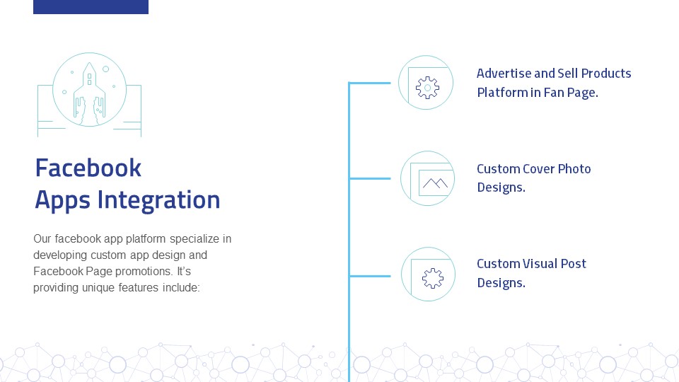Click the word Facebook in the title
[88, 168]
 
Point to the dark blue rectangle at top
[91, 6]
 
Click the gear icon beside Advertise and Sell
[427, 88]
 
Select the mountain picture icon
[434, 184]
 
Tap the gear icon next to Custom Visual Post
[431, 278]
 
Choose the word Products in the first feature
[606, 74]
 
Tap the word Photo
[574, 169]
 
